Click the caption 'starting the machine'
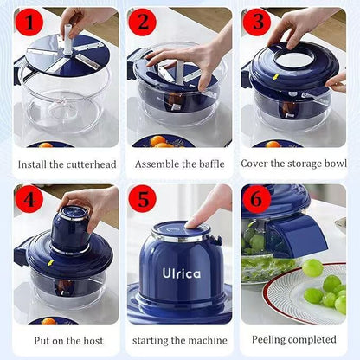(180, 340)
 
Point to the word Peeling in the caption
(273, 340)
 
